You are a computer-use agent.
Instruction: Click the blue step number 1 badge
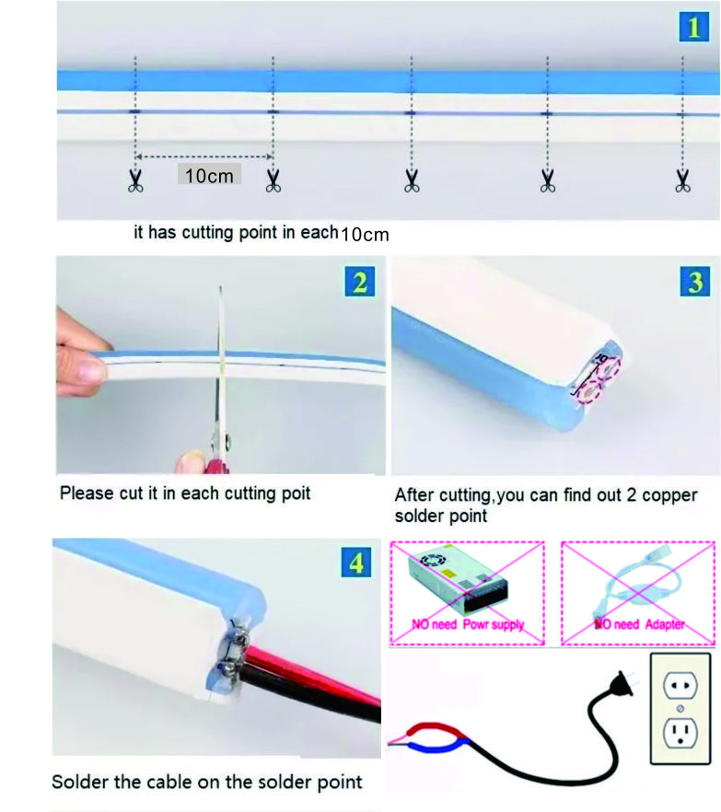(x=693, y=27)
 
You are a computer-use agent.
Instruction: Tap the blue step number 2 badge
(x=359, y=282)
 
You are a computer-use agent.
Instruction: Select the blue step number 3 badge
(x=695, y=282)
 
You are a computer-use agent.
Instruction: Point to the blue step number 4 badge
(x=356, y=563)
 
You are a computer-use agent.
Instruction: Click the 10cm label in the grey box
(x=209, y=176)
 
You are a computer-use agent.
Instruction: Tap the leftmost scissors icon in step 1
(x=135, y=180)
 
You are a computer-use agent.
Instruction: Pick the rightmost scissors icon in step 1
(x=682, y=180)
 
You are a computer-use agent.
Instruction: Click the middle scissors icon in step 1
(x=412, y=180)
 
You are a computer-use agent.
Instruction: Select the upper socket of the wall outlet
(x=680, y=685)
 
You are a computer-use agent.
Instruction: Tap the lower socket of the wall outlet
(x=680, y=732)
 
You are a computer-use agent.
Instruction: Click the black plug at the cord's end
(x=622, y=684)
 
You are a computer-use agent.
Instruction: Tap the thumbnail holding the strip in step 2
(x=92, y=371)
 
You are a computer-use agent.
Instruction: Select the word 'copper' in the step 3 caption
(x=669, y=495)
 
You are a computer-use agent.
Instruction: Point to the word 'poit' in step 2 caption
(x=296, y=493)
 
